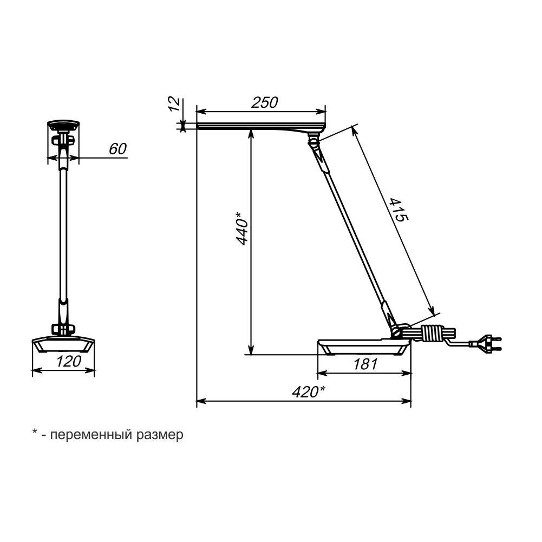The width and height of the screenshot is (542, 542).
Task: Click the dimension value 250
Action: [x=264, y=103]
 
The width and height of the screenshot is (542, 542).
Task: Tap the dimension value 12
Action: [x=175, y=104]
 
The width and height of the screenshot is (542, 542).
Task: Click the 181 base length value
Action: [x=365, y=364]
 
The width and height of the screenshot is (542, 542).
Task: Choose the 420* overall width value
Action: [x=309, y=392]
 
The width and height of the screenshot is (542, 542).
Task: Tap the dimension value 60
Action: [x=118, y=149]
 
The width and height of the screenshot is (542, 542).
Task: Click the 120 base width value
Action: [x=69, y=361]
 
